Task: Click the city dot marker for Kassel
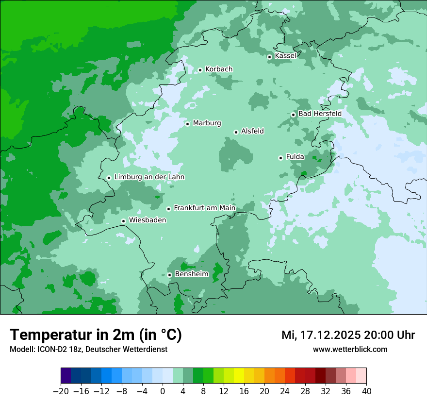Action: [269, 57]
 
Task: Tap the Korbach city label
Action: [219, 69]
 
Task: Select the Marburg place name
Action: [207, 123]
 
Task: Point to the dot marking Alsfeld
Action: [236, 132]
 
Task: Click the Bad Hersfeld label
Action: [320, 114]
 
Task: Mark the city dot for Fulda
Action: [280, 158]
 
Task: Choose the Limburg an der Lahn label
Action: [149, 177]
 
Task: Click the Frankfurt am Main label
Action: [204, 208]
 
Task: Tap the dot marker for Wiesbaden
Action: [124, 221]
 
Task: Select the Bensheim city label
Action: [191, 274]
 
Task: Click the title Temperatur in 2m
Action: [96, 335]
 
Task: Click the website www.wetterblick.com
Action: [350, 350]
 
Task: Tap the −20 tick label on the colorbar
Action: [61, 391]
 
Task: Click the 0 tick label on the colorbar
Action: [163, 391]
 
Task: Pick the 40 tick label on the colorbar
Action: [366, 391]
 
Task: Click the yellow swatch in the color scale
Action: [239, 376]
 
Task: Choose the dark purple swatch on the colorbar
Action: [66, 376]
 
